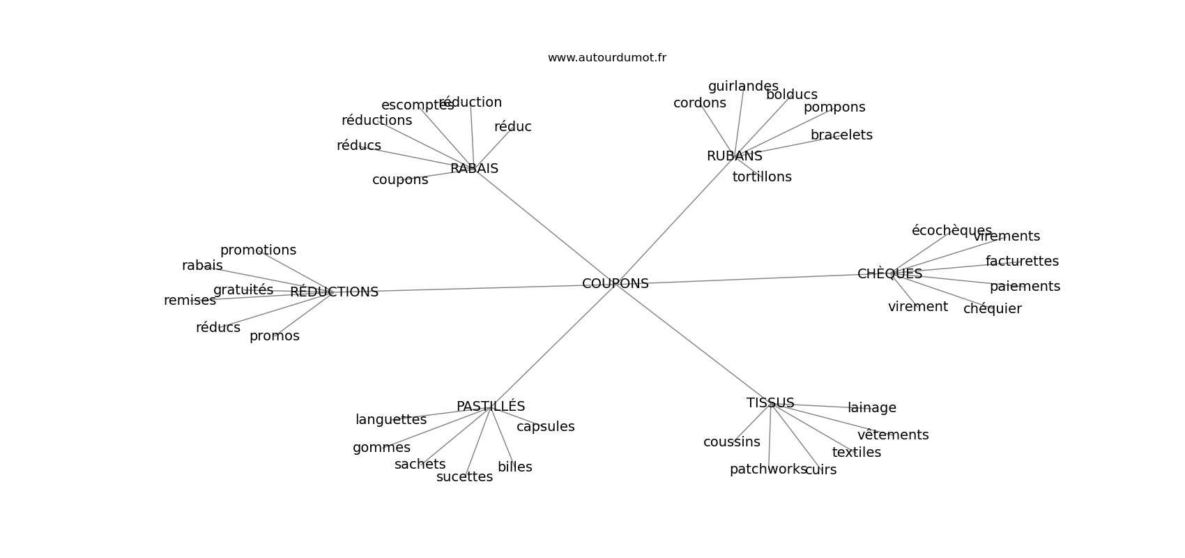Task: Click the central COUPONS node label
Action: coord(615,284)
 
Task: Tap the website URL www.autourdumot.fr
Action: coord(606,58)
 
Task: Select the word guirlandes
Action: coord(743,86)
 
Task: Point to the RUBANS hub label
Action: coord(734,156)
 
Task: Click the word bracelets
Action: coord(841,135)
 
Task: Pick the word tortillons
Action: coord(762,177)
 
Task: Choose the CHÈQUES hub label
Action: coord(889,274)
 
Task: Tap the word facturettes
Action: coord(1022,262)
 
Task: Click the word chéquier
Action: coord(992,309)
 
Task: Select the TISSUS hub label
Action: coord(770,403)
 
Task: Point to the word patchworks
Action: coord(767,469)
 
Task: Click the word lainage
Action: coord(872,408)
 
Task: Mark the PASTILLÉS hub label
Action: coord(491,407)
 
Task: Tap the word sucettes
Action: coord(464,477)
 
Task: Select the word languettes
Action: coord(391,420)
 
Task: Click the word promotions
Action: coord(258,250)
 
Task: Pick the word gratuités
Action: coord(243,290)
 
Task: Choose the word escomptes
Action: coord(418,105)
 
